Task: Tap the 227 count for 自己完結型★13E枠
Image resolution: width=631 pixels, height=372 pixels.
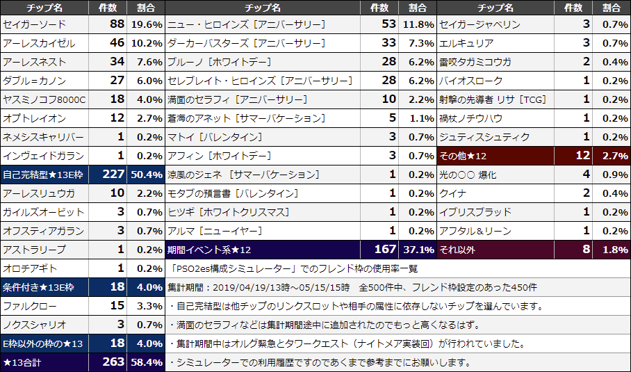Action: point(113,175)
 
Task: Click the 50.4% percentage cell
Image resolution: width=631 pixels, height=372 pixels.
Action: point(146,175)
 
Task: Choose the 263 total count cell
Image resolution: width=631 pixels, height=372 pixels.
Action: point(113,362)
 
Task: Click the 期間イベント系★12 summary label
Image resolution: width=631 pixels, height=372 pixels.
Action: point(209,250)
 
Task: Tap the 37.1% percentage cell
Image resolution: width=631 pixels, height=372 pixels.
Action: point(418,250)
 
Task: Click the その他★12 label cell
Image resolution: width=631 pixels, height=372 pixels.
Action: point(464,156)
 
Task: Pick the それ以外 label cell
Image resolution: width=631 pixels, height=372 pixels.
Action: point(459,250)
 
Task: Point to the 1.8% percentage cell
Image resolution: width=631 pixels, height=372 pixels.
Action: point(612,250)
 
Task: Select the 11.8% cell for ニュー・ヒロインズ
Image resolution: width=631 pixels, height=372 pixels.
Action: point(418,24)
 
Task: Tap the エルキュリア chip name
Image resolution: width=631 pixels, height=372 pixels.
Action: point(466,43)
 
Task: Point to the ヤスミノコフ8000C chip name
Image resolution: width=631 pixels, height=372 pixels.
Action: point(44,99)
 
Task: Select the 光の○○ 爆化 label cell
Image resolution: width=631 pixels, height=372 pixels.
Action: point(468,175)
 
